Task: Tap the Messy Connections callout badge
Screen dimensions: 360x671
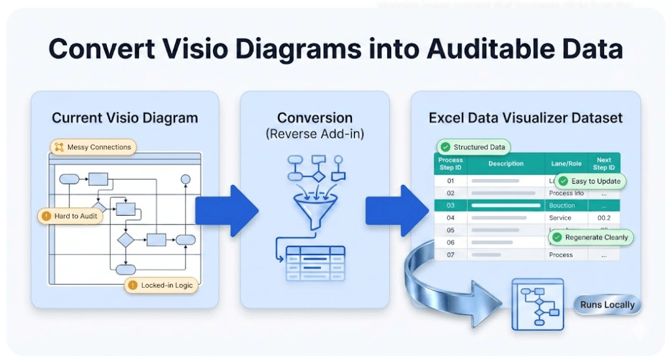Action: [93, 147]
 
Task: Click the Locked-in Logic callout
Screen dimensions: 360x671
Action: [161, 285]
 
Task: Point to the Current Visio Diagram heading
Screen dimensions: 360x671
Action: [125, 119]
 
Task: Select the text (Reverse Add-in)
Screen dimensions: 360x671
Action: [315, 134]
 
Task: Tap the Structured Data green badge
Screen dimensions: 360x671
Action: [474, 148]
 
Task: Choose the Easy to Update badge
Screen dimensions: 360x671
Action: [590, 181]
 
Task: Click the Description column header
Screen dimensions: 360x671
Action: [506, 163]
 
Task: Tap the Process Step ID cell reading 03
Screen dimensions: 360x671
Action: [450, 205]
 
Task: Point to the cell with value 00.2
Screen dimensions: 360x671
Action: [603, 218]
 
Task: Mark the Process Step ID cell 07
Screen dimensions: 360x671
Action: [450, 254]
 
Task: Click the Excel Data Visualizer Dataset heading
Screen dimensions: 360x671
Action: [526, 119]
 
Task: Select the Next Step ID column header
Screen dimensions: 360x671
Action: [604, 163]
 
